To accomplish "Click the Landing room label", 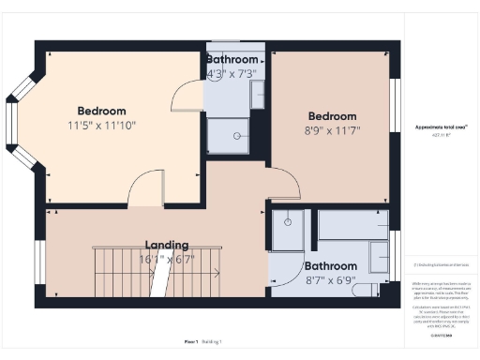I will pyautogui.click(x=166, y=245).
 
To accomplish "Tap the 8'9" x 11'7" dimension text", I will pyautogui.click(x=332, y=130).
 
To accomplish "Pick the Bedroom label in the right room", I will pyautogui.click(x=332, y=115).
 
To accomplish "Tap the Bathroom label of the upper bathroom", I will pyautogui.click(x=236, y=58).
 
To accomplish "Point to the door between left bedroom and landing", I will pyautogui.click(x=145, y=189).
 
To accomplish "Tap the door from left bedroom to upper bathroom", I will pyautogui.click(x=188, y=97).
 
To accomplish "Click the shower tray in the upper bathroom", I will pyautogui.click(x=228, y=136).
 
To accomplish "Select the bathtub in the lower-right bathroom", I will pyautogui.click(x=352, y=225).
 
